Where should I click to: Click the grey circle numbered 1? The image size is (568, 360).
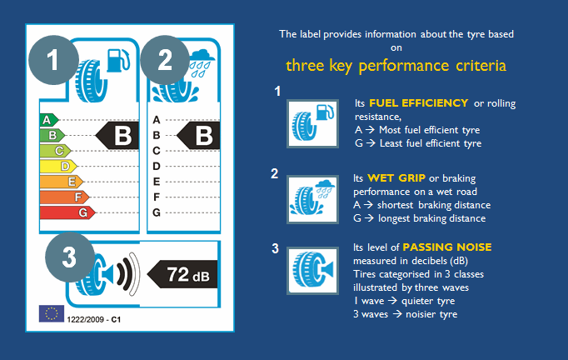(53, 60)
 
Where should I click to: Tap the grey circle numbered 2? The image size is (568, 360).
(165, 60)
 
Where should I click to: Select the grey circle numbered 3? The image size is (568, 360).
(70, 257)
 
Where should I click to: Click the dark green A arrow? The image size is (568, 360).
(49, 120)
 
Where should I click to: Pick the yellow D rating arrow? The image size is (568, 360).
(58, 167)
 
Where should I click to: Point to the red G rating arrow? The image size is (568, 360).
(67, 212)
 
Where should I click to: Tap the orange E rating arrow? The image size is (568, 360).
(61, 182)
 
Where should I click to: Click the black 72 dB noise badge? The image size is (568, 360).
(182, 274)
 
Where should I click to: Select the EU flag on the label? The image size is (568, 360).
(52, 313)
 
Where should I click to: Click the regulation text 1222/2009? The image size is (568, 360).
(85, 319)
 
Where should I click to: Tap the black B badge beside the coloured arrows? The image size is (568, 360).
(117, 136)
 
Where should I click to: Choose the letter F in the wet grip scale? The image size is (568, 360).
(156, 197)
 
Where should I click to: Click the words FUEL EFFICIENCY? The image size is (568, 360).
(418, 103)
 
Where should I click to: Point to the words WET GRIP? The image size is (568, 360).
(396, 178)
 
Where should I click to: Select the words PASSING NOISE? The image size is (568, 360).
(447, 247)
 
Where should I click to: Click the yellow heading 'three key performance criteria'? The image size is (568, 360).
(396, 66)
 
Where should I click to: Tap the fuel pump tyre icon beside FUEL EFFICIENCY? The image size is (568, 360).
(312, 123)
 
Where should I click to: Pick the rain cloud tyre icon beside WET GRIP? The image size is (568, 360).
(312, 199)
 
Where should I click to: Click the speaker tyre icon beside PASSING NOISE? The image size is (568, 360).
(312, 271)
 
